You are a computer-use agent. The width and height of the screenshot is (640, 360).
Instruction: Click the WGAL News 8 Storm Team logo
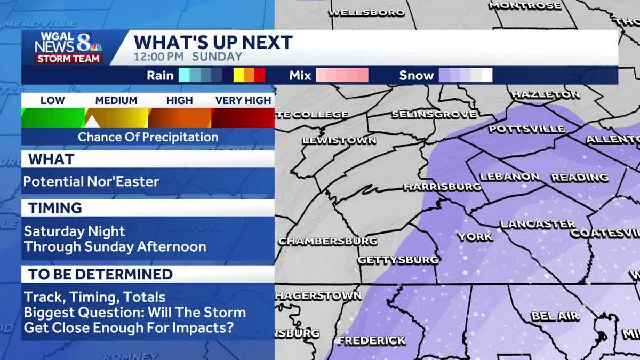(x=68, y=47)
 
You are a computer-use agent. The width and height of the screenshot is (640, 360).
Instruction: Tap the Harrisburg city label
(x=442, y=187)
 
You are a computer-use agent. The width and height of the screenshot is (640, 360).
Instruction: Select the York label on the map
(x=475, y=236)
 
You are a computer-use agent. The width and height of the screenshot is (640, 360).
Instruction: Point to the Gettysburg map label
(x=398, y=260)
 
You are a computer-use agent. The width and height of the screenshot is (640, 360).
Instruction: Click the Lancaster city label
(x=538, y=224)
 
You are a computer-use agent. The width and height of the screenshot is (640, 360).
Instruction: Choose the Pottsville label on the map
(x=526, y=129)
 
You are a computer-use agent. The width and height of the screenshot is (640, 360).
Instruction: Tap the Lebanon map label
(x=510, y=177)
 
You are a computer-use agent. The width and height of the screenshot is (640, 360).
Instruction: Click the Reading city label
(x=580, y=177)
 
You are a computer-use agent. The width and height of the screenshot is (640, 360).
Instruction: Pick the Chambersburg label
(x=327, y=241)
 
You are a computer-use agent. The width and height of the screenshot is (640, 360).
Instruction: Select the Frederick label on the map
(x=371, y=340)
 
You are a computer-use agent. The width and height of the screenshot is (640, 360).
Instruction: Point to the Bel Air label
(x=555, y=316)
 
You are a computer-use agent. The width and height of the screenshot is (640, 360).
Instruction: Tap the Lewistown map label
(x=339, y=141)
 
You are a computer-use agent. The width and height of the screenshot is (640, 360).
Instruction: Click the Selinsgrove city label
(x=433, y=114)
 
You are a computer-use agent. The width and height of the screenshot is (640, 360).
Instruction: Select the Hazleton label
(x=545, y=94)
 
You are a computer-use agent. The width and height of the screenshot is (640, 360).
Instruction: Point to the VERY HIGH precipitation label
(x=243, y=100)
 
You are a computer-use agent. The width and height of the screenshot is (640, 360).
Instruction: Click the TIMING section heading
(x=55, y=208)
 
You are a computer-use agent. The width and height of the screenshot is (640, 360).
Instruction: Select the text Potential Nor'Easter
(x=91, y=181)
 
